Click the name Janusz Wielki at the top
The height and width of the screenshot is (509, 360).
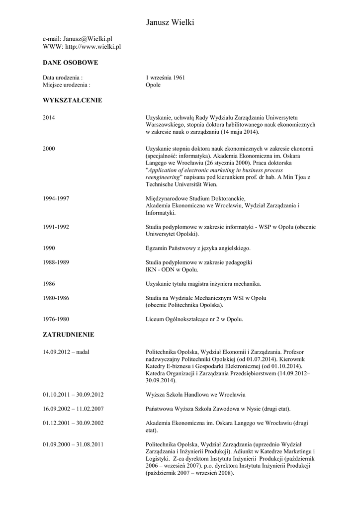(171, 22)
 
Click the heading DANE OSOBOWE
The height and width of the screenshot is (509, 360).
(70, 63)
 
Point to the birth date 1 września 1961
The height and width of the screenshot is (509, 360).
(165, 78)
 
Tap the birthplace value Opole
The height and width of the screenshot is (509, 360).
(153, 85)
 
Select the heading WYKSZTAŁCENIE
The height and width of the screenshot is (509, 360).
(72, 100)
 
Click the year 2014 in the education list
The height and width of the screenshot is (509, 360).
(49, 118)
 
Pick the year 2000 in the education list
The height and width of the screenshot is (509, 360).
(49, 149)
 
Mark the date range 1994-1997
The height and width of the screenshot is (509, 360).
(56, 198)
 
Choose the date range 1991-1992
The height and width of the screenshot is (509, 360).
(56, 227)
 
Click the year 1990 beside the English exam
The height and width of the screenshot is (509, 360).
(49, 248)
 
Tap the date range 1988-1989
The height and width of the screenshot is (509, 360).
(56, 262)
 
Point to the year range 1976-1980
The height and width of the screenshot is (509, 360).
(56, 319)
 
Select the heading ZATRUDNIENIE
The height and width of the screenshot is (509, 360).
(68, 335)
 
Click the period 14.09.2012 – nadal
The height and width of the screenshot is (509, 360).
(66, 352)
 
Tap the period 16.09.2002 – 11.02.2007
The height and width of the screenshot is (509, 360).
(73, 409)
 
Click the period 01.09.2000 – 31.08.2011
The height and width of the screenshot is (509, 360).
(73, 444)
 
